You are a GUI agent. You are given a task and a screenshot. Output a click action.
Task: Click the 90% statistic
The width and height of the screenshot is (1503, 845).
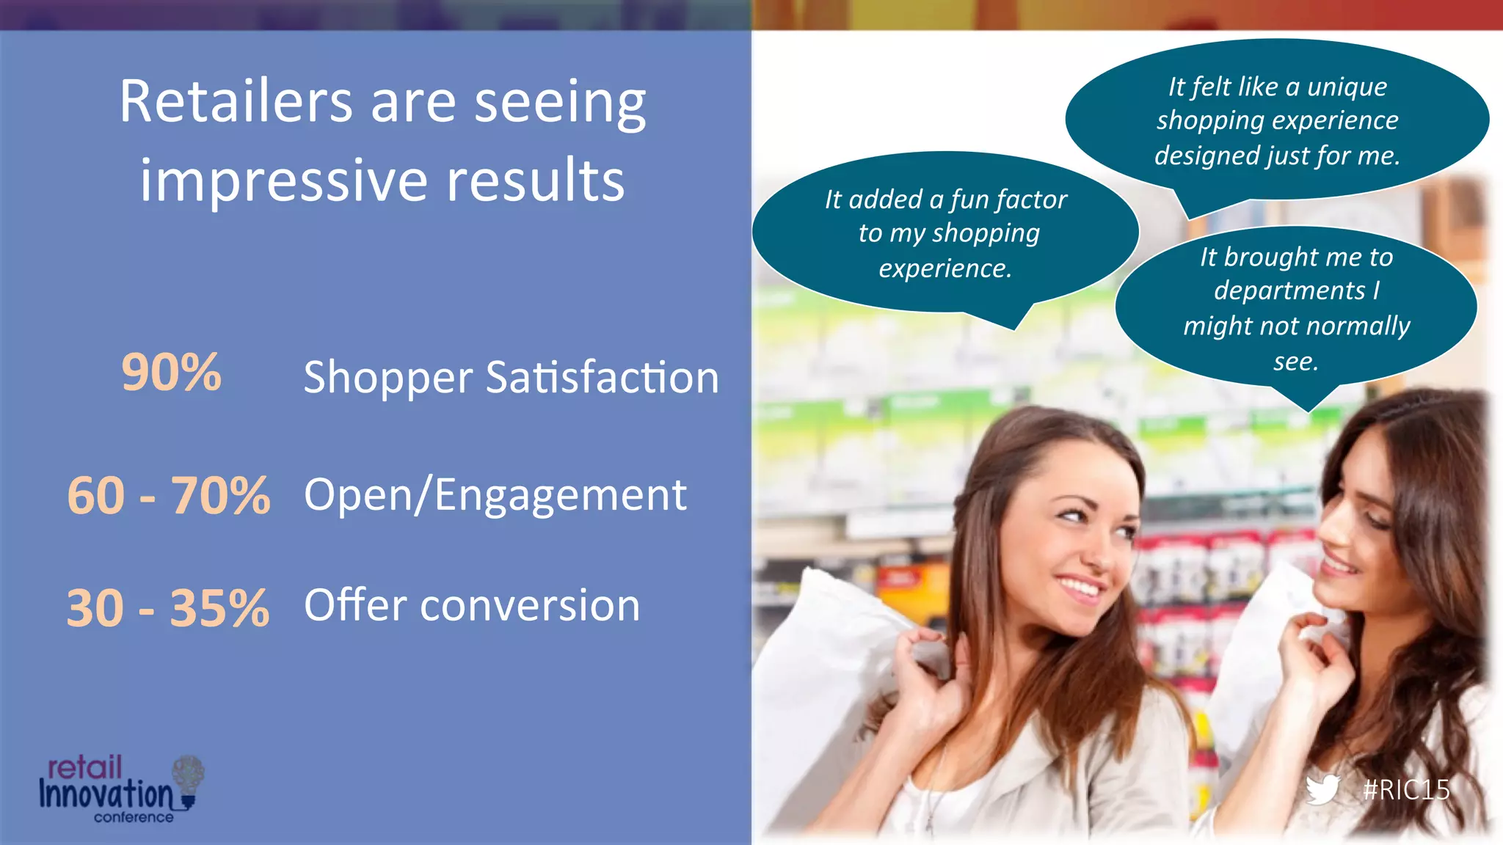pos(171,373)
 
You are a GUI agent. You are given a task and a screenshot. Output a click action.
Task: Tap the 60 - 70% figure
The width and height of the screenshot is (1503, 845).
pos(168,496)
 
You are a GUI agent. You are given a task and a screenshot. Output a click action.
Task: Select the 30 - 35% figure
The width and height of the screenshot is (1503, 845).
pos(168,608)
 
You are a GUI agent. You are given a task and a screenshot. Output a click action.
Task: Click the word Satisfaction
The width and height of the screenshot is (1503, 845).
pos(602,378)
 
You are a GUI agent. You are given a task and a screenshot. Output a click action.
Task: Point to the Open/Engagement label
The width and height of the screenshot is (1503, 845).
pos(495,495)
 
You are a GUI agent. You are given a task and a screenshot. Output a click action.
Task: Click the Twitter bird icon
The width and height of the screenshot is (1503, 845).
pos(1322,789)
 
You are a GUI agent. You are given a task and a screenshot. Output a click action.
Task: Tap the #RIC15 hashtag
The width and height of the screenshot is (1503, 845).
pos(1405,790)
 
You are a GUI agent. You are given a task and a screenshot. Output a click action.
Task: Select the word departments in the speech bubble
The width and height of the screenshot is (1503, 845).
pos(1289,290)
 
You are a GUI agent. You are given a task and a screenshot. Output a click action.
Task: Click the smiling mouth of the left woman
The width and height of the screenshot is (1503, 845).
pos(1079,587)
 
